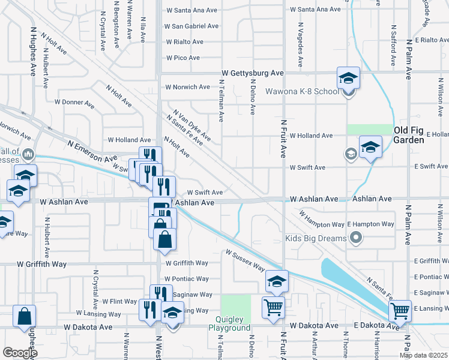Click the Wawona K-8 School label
pyautogui.click(x=310, y=92)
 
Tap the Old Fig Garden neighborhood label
pyautogui.click(x=417, y=135)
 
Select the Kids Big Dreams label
pyautogui.click(x=316, y=238)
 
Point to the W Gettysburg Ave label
pyautogui.click(x=252, y=73)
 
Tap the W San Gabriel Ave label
pyautogui.click(x=192, y=26)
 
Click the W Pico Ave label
pyautogui.click(x=182, y=58)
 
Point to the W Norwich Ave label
pyautogui.click(x=187, y=87)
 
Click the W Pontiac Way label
pyautogui.click(x=187, y=279)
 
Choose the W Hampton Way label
pyautogui.click(x=321, y=220)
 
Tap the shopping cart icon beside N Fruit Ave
pyautogui.click(x=274, y=307)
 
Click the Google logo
pyautogui.click(x=20, y=353)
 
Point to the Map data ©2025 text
pyautogui.click(x=423, y=355)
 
